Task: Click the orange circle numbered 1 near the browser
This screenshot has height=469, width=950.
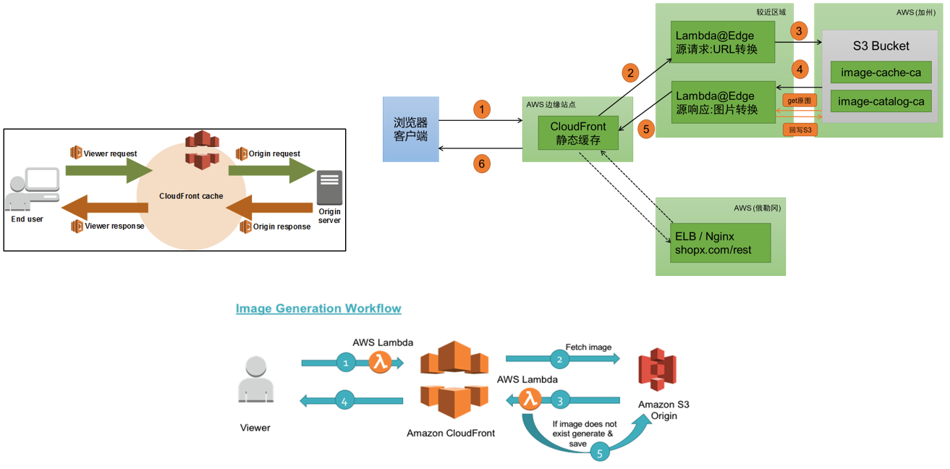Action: tap(482, 109)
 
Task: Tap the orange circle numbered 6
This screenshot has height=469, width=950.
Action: tap(482, 164)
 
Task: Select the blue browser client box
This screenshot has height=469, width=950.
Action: tap(410, 129)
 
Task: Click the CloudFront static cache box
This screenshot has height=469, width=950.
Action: tap(578, 133)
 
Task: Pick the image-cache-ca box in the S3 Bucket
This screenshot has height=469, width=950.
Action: tap(880, 72)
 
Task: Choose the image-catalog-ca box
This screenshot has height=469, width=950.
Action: tap(880, 101)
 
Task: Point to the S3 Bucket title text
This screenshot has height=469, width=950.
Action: tap(881, 46)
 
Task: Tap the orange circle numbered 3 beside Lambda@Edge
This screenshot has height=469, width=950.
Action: tap(798, 31)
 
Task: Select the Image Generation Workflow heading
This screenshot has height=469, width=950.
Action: tap(318, 308)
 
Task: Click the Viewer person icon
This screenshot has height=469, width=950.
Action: tap(255, 379)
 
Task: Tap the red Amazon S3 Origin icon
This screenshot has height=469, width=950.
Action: tap(657, 369)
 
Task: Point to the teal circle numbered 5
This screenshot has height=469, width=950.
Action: tap(600, 453)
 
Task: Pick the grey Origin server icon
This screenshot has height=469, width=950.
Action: tap(329, 187)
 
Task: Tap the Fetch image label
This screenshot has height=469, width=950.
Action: tap(588, 347)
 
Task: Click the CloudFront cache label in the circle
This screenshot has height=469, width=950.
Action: tap(191, 196)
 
